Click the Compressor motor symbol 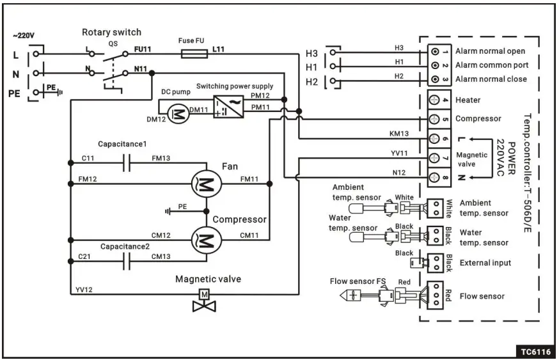click(206, 241)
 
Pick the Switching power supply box click(228, 105)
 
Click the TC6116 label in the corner click(533, 351)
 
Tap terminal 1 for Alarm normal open click(435, 51)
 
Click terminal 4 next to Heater click(435, 100)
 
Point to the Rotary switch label click(111, 32)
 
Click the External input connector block click(435, 262)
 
